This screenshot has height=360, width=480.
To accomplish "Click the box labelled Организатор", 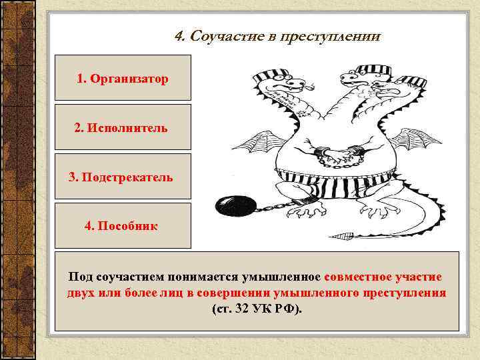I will click(x=123, y=79).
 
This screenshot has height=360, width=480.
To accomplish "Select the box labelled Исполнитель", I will click(x=123, y=127).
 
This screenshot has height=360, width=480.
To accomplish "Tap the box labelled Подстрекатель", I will click(x=123, y=177).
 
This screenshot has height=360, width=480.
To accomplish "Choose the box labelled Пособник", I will click(x=123, y=226).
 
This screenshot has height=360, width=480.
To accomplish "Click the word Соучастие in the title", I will click(x=218, y=36).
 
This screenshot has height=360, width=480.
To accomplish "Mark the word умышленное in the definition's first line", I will click(x=283, y=277).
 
